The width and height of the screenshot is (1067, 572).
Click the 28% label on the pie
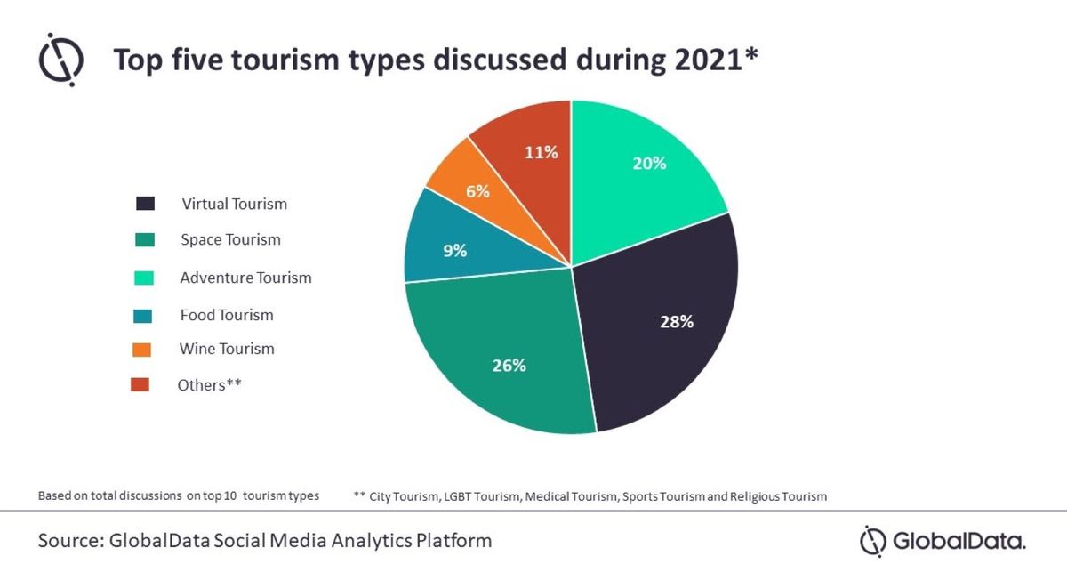[x=676, y=322]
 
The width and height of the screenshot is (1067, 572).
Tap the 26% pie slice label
[x=509, y=365]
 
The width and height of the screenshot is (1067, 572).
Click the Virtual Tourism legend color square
[x=145, y=204]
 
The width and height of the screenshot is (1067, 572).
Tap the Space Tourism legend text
[x=230, y=239]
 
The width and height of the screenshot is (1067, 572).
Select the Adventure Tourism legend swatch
[x=145, y=278]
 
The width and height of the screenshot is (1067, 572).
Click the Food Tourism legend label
[x=226, y=315]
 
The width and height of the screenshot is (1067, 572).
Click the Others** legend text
[x=210, y=385]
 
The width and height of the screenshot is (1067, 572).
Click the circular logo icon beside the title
[x=60, y=60]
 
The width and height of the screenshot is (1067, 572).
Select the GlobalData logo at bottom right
[x=943, y=541]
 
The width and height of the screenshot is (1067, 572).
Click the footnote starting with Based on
[x=178, y=496]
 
